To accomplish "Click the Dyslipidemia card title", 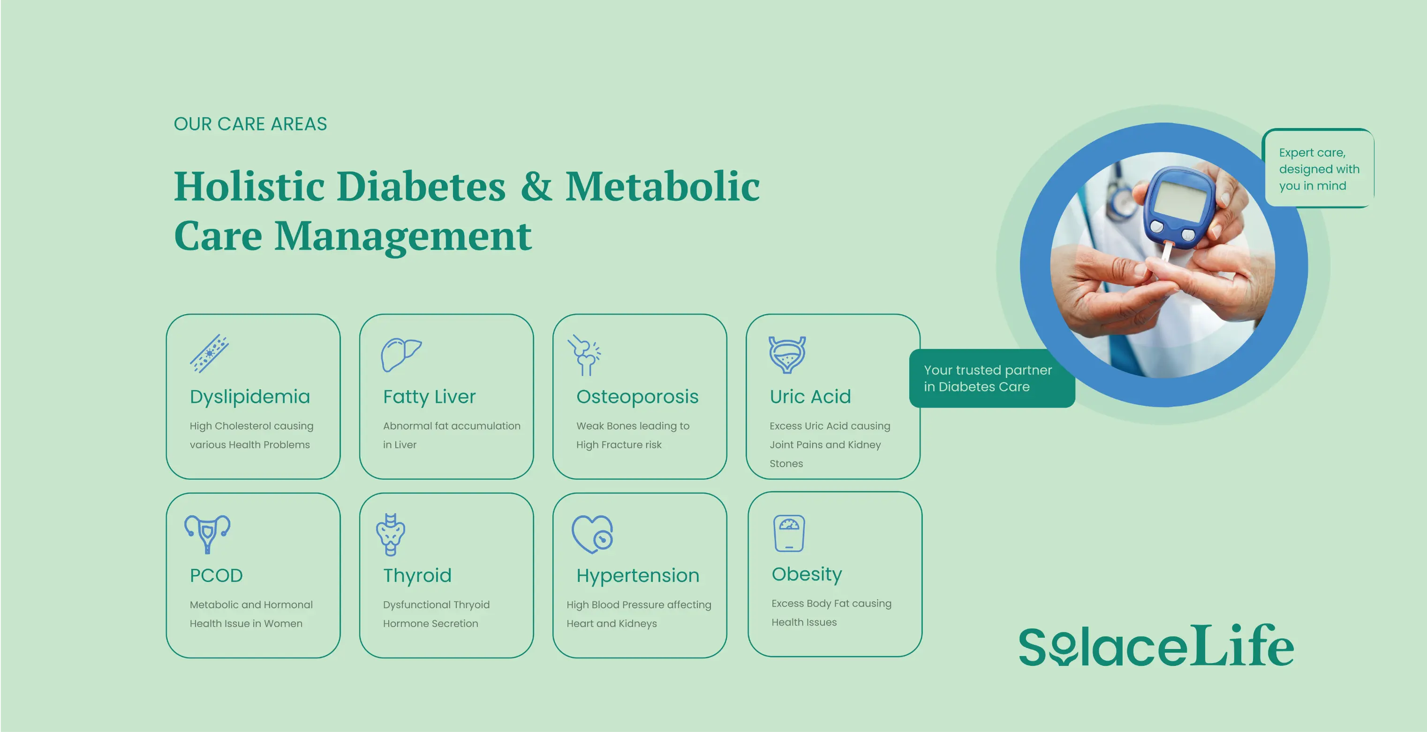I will pyautogui.click(x=250, y=397).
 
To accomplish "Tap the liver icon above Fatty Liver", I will pyautogui.click(x=400, y=354).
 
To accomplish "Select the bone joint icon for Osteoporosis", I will pyautogui.click(x=584, y=355).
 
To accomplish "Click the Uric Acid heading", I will pyautogui.click(x=810, y=397).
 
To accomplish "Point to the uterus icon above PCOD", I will pyautogui.click(x=207, y=533).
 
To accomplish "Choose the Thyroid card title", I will pyautogui.click(x=417, y=576).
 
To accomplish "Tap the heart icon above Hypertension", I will pyautogui.click(x=592, y=534).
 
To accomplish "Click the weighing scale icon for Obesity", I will pyautogui.click(x=789, y=533).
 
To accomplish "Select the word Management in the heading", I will pyautogui.click(x=403, y=236).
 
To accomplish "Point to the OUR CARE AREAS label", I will pyautogui.click(x=250, y=124).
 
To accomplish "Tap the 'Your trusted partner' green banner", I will pyautogui.click(x=988, y=378).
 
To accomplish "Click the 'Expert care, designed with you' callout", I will pyautogui.click(x=1318, y=169).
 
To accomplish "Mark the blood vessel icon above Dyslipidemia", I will pyautogui.click(x=210, y=354).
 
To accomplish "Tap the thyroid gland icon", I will pyautogui.click(x=391, y=534).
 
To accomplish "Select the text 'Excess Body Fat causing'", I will pyautogui.click(x=831, y=604).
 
